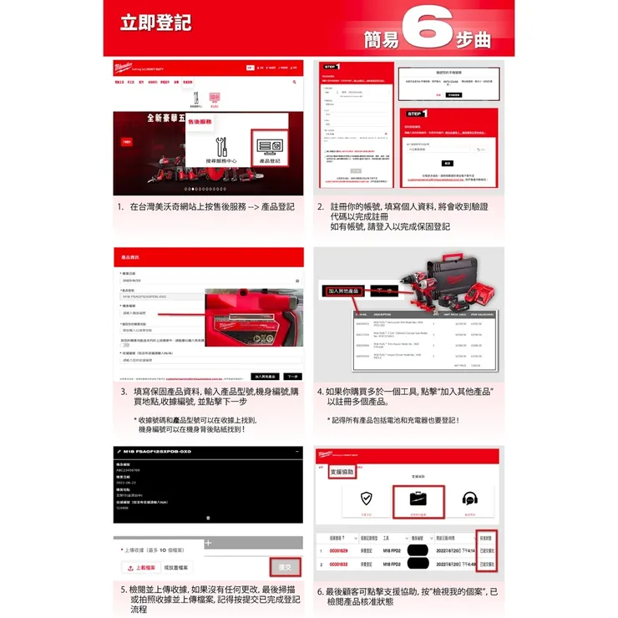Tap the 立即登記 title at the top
tap(154, 21)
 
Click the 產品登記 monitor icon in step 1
tap(266, 144)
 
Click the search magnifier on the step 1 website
tap(295, 83)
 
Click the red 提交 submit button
tap(286, 567)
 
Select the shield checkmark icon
tap(366, 499)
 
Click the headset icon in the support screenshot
tap(469, 499)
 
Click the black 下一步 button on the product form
tap(293, 376)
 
